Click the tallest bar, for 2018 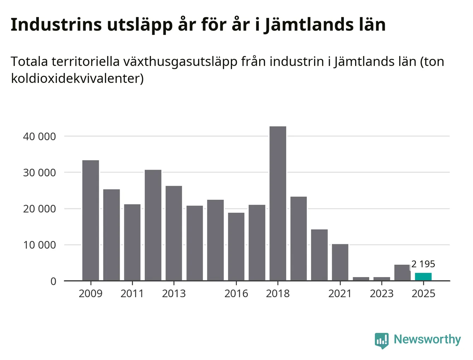278,203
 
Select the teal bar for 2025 423,277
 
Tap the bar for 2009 91,220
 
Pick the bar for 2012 153,225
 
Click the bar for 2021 340,262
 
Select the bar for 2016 236,247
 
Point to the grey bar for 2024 402,273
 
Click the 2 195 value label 423,264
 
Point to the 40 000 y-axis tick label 40,137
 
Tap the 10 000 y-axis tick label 40,245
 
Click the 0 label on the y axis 53,281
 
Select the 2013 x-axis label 174,294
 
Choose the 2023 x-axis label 382,294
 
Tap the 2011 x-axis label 132,294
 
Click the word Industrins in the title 56,25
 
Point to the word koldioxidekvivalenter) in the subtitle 77,78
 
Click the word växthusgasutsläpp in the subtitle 180,62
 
